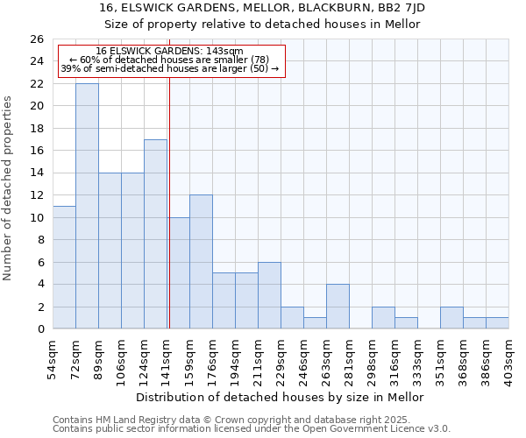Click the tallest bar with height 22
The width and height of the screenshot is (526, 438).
click(87, 206)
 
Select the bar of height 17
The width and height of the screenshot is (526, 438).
click(155, 234)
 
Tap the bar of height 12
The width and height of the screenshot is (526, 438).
click(201, 262)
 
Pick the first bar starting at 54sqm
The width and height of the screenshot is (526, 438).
click(64, 267)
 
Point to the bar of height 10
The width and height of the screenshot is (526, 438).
click(178, 273)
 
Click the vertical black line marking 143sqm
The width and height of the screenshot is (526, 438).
click(168, 201)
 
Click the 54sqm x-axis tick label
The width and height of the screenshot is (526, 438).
click(53, 357)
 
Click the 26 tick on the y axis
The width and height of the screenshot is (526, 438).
click(36, 39)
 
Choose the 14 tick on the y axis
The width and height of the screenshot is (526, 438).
click(36, 173)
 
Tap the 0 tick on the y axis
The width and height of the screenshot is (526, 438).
click(39, 329)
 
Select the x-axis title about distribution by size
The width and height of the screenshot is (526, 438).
click(281, 397)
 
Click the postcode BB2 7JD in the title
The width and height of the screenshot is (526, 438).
click(400, 7)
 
